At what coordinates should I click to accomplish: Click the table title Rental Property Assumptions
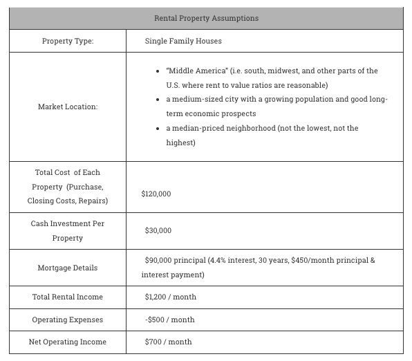[206, 18]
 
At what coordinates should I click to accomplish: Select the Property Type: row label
[68, 41]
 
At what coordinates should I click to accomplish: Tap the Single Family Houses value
[183, 41]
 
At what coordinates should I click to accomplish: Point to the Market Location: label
[68, 107]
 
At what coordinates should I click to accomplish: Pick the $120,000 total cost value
[156, 194]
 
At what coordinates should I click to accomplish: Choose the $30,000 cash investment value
[158, 230]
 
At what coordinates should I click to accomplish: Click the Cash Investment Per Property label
[68, 231]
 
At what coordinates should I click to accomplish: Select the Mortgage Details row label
[68, 268]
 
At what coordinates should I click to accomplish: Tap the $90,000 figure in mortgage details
[158, 261]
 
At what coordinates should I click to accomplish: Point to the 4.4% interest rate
[223, 261]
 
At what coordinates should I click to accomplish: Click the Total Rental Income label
[68, 297]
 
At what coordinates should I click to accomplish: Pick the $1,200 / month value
[170, 297]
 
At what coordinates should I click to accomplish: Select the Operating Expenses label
[68, 320]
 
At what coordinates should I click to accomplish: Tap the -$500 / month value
[169, 320]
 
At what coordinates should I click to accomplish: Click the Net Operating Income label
[68, 342]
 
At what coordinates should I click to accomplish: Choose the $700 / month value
[168, 342]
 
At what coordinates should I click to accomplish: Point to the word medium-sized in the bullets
[196, 100]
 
